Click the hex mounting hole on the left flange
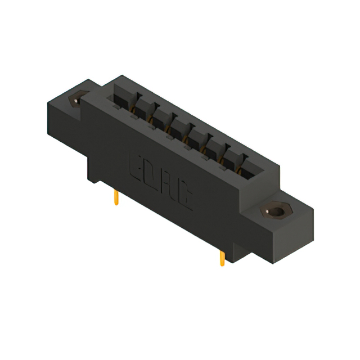pos(75,100)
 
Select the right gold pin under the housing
pos(222,257)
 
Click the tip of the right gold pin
pos(223,264)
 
